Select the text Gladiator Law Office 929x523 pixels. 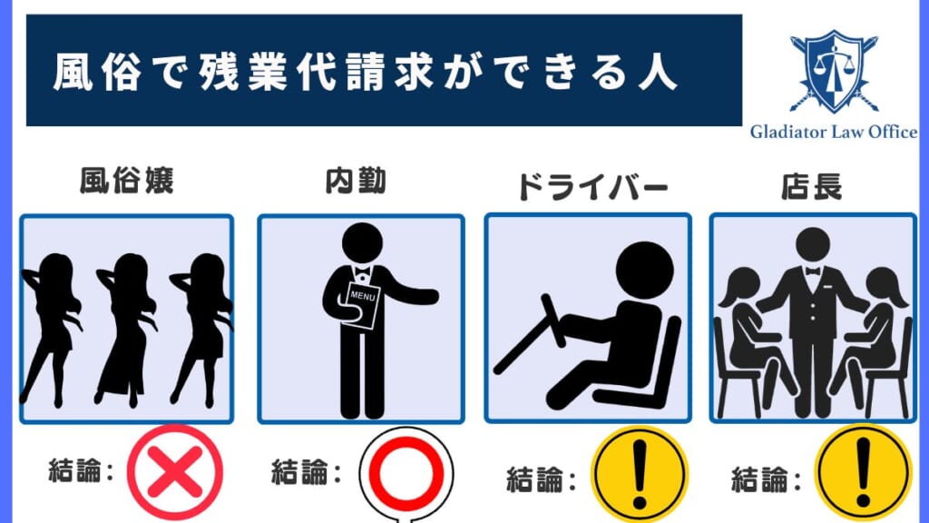point(833,133)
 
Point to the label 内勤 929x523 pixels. point(355,182)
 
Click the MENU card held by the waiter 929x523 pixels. point(362,305)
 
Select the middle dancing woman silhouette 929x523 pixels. point(123,327)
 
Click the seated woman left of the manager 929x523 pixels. point(746,336)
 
